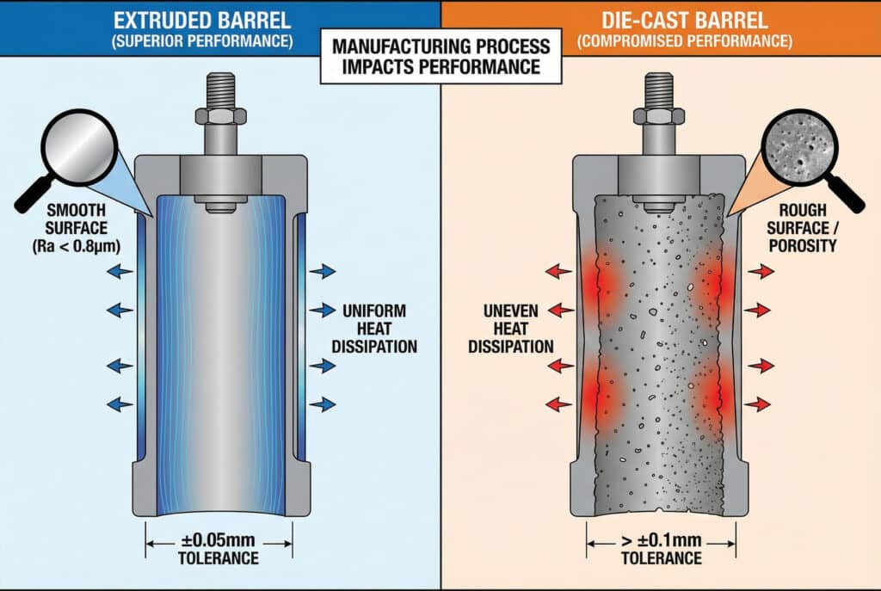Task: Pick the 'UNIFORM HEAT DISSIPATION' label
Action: [x=379, y=328]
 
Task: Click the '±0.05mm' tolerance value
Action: [x=219, y=542]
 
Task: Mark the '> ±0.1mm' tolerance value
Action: [x=660, y=542]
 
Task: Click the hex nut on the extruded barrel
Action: [x=219, y=115]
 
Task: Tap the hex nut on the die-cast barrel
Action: [x=660, y=115]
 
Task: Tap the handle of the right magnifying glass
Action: [x=849, y=197]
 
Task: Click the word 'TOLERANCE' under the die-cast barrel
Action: [x=660, y=559]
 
